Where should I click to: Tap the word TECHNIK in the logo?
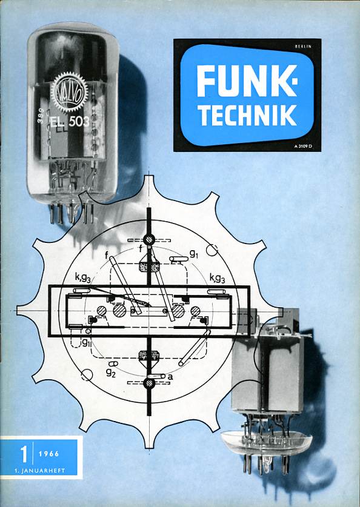(x=247, y=114)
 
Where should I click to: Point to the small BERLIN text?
(x=303, y=47)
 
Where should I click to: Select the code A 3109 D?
(x=303, y=147)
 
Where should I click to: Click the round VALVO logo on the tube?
(x=69, y=92)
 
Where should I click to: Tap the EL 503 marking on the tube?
(x=70, y=122)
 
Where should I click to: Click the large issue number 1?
(x=24, y=454)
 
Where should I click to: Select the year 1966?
(x=49, y=454)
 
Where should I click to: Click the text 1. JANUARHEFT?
(x=39, y=471)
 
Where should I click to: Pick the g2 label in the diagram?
(x=111, y=373)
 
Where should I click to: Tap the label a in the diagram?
(x=170, y=377)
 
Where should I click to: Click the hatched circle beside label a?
(x=148, y=383)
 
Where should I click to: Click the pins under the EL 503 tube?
(x=72, y=213)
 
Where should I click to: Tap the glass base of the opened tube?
(x=266, y=442)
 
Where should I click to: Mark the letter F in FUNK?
(x=206, y=81)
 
